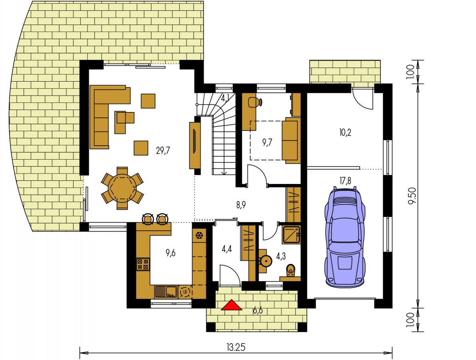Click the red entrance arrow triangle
[232, 305]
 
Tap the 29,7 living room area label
[163, 150]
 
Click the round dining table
[122, 188]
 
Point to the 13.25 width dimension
[236, 347]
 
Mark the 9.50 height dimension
[412, 196]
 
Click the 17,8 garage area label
[345, 181]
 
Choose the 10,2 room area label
[345, 132]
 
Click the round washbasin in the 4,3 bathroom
[266, 261]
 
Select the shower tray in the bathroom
[291, 235]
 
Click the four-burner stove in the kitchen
[143, 264]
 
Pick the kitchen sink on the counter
[166, 292]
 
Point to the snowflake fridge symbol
[199, 236]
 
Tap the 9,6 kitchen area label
[171, 253]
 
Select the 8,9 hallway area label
[241, 205]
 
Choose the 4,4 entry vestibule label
[227, 249]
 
